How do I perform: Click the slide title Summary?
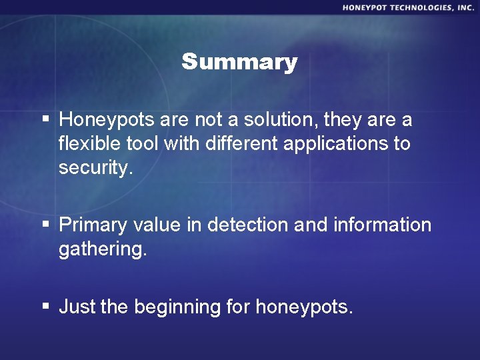coord(239,62)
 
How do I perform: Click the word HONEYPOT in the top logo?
coord(367,7)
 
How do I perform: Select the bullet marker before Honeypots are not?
coord(46,119)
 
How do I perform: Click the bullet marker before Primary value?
coord(46,225)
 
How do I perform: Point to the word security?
coord(96,168)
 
